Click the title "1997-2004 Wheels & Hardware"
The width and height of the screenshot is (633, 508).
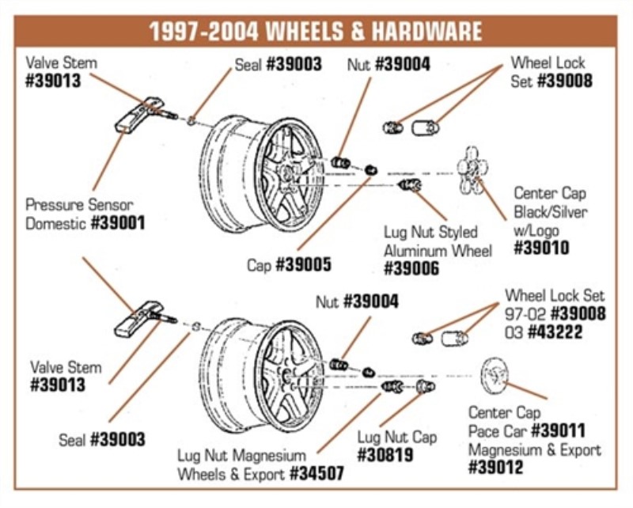pos(316,32)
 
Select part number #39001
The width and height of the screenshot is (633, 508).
pos(118,223)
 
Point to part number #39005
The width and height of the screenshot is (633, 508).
pos(303,265)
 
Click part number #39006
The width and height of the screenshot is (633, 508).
pos(411,269)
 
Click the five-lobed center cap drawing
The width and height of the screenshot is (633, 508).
pos(472,169)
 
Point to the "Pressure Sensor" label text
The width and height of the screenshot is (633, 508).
pos(79,205)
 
